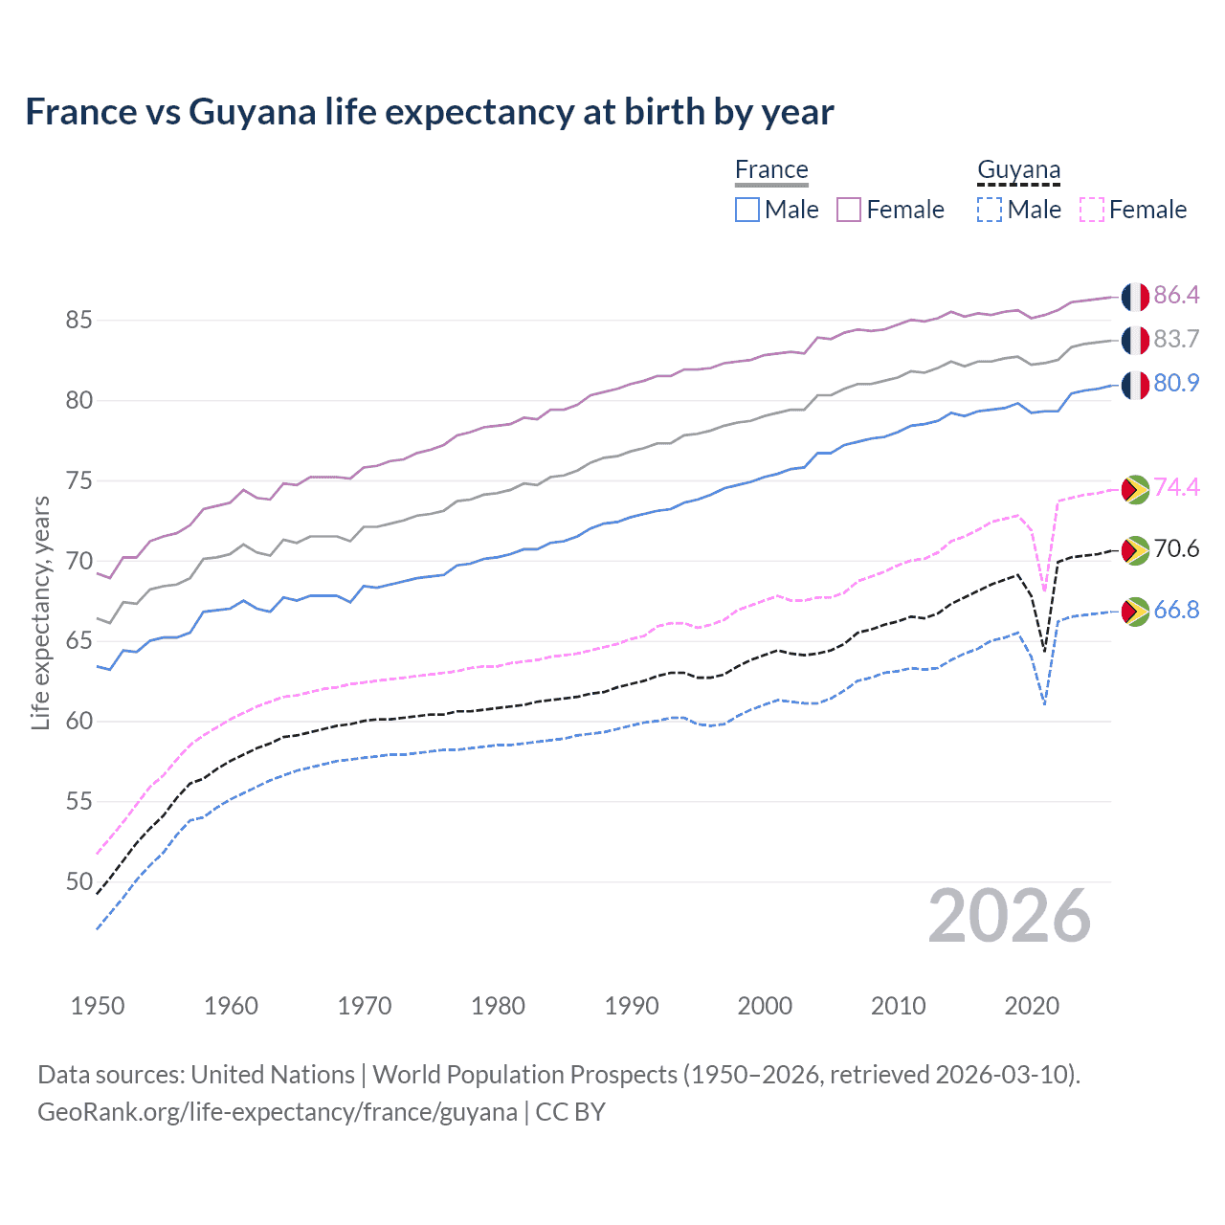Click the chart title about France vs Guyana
[x=429, y=112]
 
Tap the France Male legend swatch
[x=747, y=210]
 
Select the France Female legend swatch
[x=849, y=210]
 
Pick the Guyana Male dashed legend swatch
[x=990, y=210]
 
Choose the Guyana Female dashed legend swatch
[x=1091, y=210]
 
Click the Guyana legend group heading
[x=1018, y=170]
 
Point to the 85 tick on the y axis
[x=78, y=321]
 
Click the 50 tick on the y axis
[x=78, y=881]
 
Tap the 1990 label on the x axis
[x=632, y=1006]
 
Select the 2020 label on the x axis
[x=1032, y=1006]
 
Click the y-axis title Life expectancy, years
[x=40, y=612]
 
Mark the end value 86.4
[x=1176, y=296]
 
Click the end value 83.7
[x=1176, y=340]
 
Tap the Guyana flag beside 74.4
[x=1135, y=489]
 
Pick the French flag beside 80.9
[x=1135, y=385]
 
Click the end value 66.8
[x=1176, y=611]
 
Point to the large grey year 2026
[x=1009, y=917]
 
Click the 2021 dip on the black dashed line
[x=1044, y=651]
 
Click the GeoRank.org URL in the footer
[x=278, y=1112]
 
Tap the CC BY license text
[x=570, y=1112]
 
